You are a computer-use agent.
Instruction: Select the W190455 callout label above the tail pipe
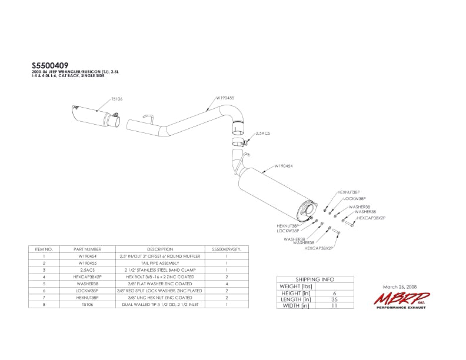(x=225, y=98)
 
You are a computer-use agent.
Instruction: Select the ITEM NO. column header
(x=44, y=249)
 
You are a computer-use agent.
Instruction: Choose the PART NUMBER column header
(x=88, y=249)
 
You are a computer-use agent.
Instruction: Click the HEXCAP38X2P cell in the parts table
(x=88, y=276)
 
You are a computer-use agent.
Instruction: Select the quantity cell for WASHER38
(x=226, y=283)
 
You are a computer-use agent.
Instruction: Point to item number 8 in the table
(x=44, y=304)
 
